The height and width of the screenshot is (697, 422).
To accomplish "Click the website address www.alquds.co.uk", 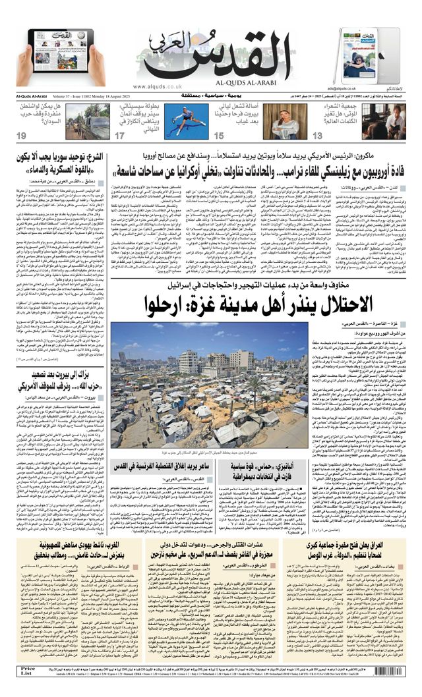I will click(156, 86).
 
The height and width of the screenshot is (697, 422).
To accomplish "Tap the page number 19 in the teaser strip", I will click(22, 136).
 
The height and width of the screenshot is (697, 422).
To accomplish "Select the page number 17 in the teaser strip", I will click(120, 136).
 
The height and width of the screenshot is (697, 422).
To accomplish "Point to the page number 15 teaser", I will click(220, 136).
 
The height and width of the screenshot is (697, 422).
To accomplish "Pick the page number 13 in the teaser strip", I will click(318, 136).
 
